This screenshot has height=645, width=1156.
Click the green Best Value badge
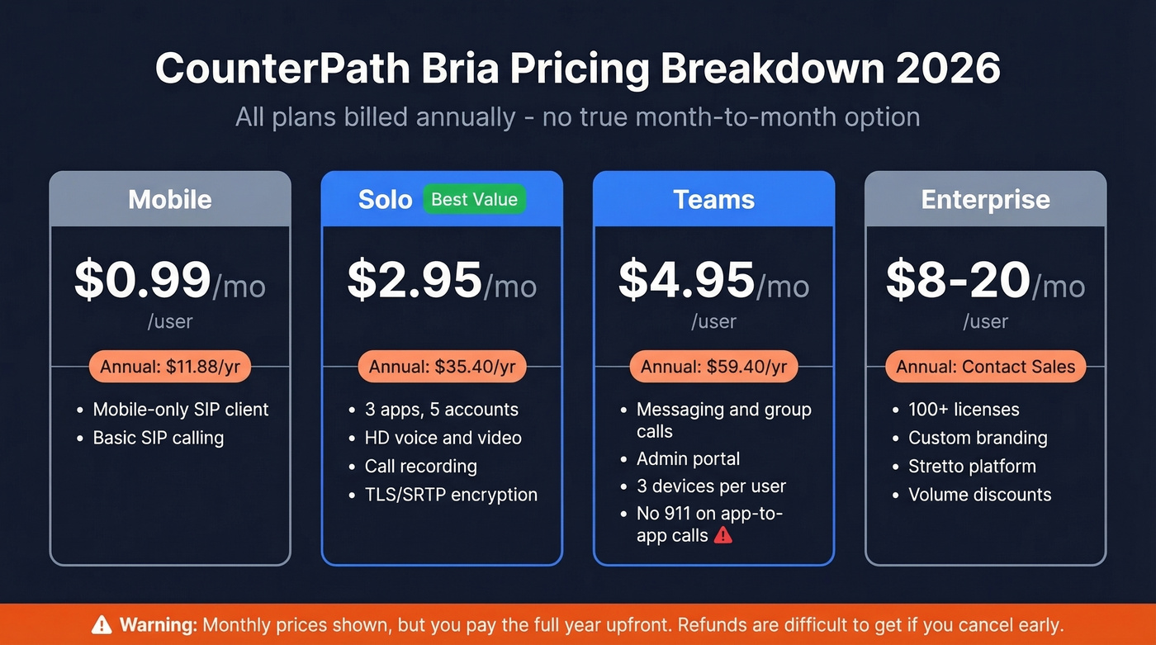pyautogui.click(x=474, y=199)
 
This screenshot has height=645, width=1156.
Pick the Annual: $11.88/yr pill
pyautogui.click(x=169, y=367)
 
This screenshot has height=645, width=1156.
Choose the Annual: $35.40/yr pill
pyautogui.click(x=442, y=367)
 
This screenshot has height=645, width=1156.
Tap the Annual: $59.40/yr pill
pyautogui.click(x=713, y=367)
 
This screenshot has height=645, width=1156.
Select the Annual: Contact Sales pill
pyautogui.click(x=985, y=367)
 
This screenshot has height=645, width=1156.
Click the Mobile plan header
pyautogui.click(x=170, y=200)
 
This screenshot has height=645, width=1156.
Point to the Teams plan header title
pyautogui.click(x=713, y=200)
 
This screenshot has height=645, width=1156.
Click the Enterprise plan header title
pyautogui.click(x=985, y=200)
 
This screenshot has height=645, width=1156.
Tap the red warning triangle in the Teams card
pyautogui.click(x=723, y=535)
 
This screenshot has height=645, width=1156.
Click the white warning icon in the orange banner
pyautogui.click(x=102, y=624)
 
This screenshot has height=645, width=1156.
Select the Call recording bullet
pyautogui.click(x=420, y=466)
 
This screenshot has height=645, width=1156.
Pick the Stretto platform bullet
pyautogui.click(x=972, y=466)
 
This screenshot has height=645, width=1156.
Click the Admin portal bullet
pyautogui.click(x=688, y=458)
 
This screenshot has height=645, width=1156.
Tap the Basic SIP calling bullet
pyautogui.click(x=158, y=438)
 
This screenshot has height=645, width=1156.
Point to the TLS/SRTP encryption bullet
pyautogui.click(x=451, y=495)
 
